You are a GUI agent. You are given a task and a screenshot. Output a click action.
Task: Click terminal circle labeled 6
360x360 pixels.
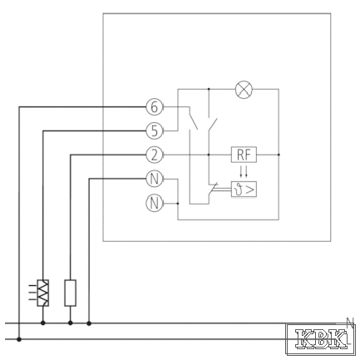(155, 106)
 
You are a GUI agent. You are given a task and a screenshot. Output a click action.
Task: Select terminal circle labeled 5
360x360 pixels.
(155, 131)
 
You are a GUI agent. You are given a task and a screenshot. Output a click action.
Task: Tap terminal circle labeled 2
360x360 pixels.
(155, 155)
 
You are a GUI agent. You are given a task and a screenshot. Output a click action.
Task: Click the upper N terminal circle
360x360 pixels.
(155, 179)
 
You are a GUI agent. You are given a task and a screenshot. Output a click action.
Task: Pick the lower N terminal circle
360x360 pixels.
(155, 203)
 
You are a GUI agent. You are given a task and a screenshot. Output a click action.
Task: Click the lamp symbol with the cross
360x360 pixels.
(244, 89)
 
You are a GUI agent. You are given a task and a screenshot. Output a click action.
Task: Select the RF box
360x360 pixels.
(244, 155)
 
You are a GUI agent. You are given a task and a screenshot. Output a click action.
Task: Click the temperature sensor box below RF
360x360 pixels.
(244, 190)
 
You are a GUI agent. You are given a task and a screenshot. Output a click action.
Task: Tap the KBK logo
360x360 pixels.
(321, 339)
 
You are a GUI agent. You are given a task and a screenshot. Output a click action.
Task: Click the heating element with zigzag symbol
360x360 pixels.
(43, 293)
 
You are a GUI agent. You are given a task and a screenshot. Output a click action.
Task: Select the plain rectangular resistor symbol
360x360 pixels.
(71, 293)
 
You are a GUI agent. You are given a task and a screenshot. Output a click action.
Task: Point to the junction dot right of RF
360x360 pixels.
(279, 155)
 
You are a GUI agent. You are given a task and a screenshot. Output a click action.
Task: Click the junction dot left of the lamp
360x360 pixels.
(209, 89)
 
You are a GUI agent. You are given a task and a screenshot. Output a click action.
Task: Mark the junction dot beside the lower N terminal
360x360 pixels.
(178, 204)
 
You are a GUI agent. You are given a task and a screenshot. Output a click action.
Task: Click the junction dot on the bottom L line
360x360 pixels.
(19, 339)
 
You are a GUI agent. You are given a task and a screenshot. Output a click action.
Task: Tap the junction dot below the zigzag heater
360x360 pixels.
(43, 323)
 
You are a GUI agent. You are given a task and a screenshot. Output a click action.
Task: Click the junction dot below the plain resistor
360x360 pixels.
(71, 323)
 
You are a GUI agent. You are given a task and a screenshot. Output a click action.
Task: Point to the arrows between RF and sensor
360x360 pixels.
(244, 172)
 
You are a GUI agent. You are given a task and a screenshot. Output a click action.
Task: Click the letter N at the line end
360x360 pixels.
(351, 322)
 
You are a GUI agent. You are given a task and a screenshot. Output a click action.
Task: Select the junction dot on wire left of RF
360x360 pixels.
(209, 155)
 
